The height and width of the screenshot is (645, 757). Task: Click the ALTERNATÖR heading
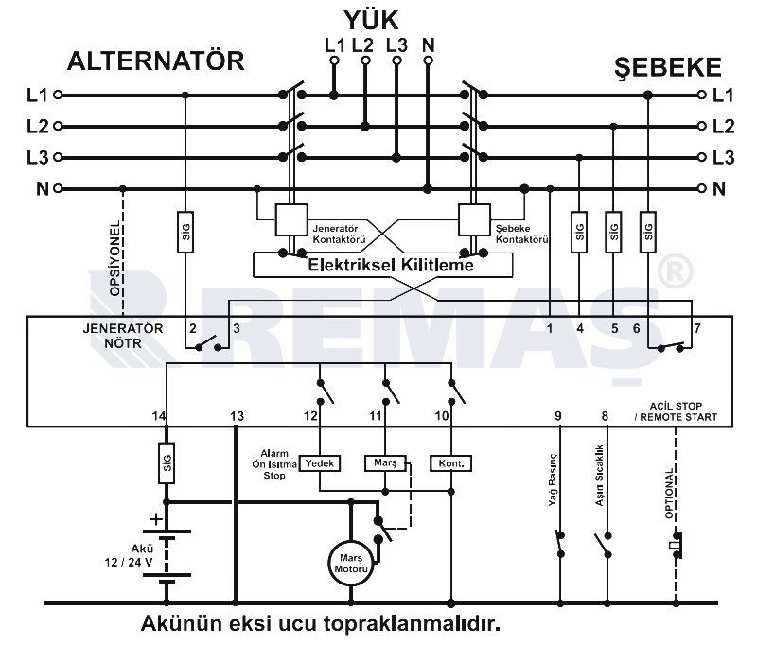(156, 61)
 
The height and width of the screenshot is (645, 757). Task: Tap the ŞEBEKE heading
(668, 67)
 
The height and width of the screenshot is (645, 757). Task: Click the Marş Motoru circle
(350, 563)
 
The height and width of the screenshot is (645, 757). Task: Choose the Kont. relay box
(450, 462)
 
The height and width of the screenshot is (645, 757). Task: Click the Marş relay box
(385, 462)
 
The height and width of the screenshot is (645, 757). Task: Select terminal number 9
(558, 415)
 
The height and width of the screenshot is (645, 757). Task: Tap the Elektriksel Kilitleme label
(391, 266)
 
